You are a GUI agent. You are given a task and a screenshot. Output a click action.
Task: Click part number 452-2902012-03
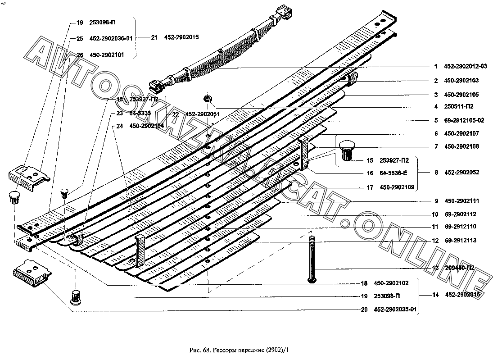click(x=466, y=67)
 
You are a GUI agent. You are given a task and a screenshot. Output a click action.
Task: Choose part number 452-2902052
click(x=462, y=172)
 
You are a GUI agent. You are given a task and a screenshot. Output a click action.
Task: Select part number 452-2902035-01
click(x=395, y=310)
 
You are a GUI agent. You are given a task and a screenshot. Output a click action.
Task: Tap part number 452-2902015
click(x=181, y=37)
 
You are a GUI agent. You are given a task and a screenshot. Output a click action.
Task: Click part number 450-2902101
click(x=107, y=55)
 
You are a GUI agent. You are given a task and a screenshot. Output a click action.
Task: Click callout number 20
click(x=363, y=310)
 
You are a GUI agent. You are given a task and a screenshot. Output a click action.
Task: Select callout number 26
click(x=80, y=55)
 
